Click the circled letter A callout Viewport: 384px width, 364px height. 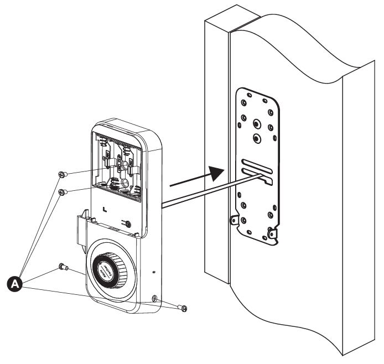pyautogui.click(x=15, y=283)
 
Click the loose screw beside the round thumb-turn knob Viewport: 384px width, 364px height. pyautogui.click(x=63, y=268)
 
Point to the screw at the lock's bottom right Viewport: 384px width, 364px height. pyautogui.click(x=182, y=307)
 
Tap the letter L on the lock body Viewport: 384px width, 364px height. pyautogui.click(x=105, y=210)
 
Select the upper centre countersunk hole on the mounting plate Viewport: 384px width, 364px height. pyautogui.click(x=256, y=123)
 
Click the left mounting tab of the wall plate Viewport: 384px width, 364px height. pyautogui.click(x=234, y=220)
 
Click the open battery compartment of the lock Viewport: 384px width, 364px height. pyautogui.click(x=117, y=166)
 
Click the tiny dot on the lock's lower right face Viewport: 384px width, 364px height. pyautogui.click(x=154, y=272)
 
